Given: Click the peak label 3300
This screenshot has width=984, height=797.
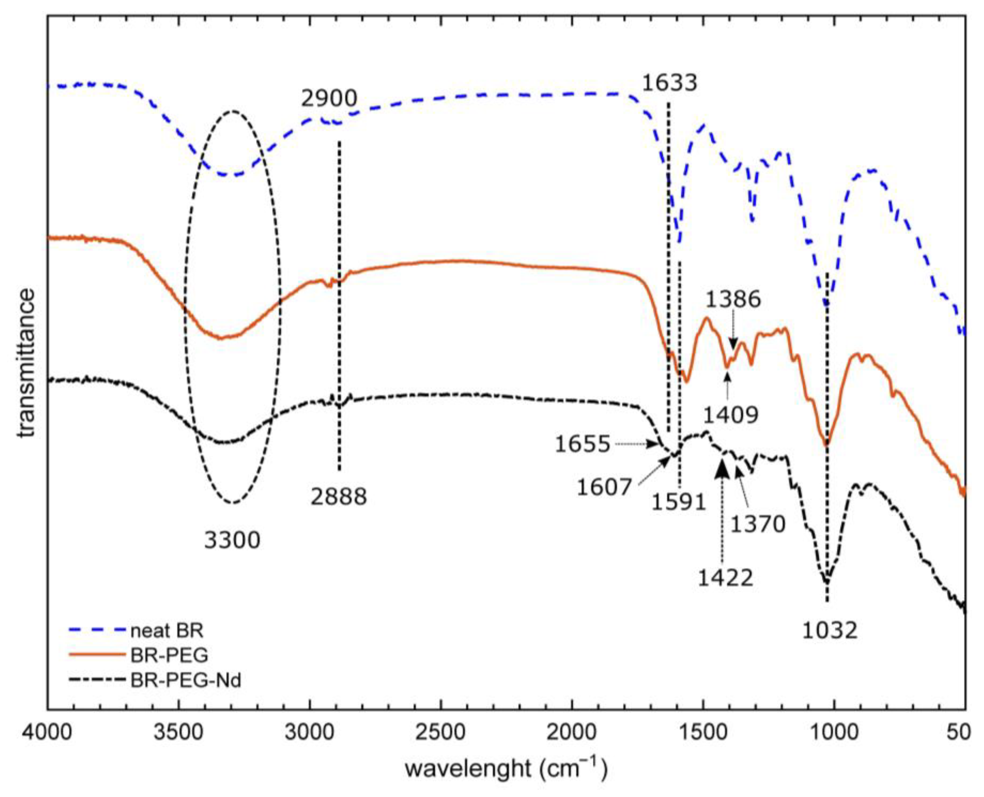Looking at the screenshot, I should coord(232,540).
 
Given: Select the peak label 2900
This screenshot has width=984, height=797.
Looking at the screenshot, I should coord(329,98).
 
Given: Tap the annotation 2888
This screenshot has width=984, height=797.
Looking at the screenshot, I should coord(339,497).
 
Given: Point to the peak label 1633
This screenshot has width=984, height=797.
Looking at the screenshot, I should coord(669,83).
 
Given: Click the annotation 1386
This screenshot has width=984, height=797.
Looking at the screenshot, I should coord(733,300).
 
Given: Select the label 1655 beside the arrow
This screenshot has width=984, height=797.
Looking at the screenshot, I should coord(582,444).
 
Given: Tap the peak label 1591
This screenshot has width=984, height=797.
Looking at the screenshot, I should coord(679,503).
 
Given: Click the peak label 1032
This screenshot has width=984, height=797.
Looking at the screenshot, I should coord(830,631).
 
